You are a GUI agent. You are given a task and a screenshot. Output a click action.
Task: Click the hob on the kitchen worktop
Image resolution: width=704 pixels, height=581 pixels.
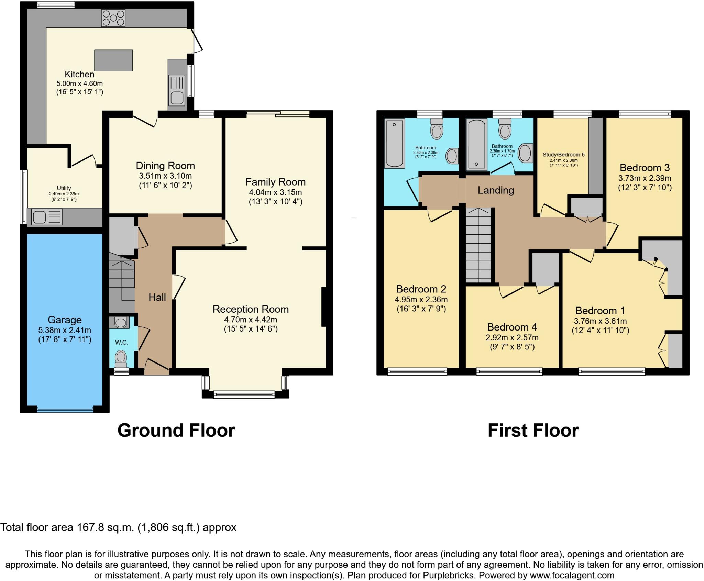pos(113,18)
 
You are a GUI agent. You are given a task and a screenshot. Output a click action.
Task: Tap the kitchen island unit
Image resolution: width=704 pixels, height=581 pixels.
pos(113,60)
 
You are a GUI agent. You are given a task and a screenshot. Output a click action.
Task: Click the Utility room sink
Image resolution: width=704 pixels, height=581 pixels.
pos(39,217)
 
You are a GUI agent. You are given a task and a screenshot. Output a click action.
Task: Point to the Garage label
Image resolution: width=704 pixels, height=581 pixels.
pos(65,320)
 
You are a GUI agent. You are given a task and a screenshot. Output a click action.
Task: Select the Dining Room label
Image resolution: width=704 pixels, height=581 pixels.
pos(165,166)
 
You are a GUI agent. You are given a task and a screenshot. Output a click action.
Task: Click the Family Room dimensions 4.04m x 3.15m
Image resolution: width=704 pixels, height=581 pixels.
pos(275,192)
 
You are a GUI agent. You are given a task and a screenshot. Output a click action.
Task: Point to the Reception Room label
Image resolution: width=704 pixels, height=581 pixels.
pos(251,309)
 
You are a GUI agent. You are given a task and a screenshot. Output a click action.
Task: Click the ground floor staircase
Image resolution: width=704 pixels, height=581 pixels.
pos(122,280)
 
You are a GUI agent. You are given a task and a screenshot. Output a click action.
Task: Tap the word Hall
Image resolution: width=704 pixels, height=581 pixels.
pos(157,297)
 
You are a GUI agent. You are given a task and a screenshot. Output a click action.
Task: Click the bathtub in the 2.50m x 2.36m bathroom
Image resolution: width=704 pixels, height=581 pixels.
pos(394,143)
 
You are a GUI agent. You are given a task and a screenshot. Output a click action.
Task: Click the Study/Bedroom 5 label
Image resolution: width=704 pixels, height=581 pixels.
pos(563,155)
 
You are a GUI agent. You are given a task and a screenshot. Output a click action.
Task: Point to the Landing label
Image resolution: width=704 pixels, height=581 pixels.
pos(496,190)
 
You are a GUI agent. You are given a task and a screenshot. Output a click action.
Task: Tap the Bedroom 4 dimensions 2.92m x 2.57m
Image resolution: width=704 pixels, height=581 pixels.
pos(512,338)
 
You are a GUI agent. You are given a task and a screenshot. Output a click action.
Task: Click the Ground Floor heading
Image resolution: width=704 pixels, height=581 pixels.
pos(176,430)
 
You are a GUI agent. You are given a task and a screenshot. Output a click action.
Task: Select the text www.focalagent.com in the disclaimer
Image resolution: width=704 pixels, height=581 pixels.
pos(572,575)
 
